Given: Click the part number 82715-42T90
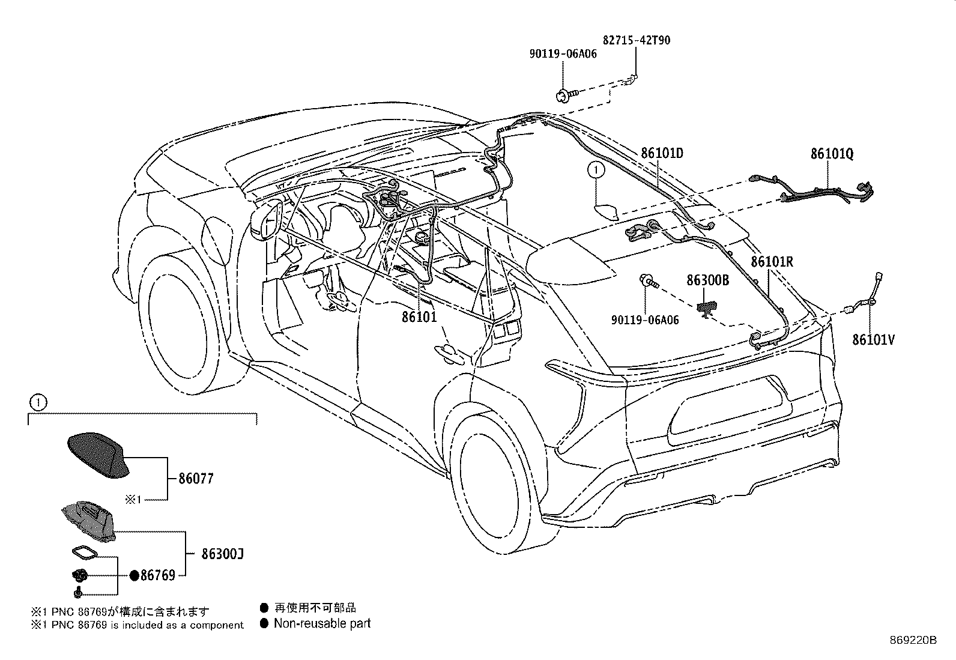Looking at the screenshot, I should pyautogui.click(x=636, y=41).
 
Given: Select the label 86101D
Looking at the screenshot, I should pyautogui.click(x=662, y=153).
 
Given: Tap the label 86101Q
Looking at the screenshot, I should pyautogui.click(x=832, y=154).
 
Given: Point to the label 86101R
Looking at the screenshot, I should pyautogui.click(x=772, y=262).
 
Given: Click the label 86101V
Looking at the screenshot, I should pyautogui.click(x=873, y=340).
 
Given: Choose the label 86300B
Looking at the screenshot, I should pyautogui.click(x=707, y=280).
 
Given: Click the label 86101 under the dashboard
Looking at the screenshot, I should pyautogui.click(x=419, y=316).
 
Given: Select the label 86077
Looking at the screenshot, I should pyautogui.click(x=196, y=479).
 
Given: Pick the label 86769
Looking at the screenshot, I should pyautogui.click(x=158, y=575).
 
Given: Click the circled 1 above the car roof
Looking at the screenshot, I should pyautogui.click(x=595, y=171).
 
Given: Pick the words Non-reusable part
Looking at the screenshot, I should pyautogui.click(x=322, y=623).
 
